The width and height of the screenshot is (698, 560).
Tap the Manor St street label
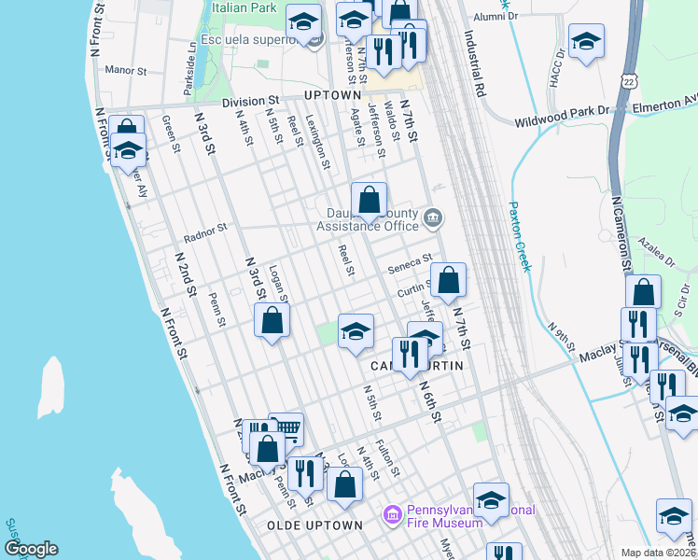(127, 70)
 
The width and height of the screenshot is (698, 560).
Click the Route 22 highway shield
(632, 82)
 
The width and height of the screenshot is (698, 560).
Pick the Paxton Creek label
(519, 237)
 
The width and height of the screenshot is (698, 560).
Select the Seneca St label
(412, 262)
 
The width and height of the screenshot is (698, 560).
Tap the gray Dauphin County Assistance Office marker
(432, 220)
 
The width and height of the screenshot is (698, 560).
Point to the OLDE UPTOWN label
(314, 525)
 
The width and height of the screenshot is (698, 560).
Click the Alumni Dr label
(495, 16)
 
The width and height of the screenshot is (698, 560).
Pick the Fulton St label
(387, 457)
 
